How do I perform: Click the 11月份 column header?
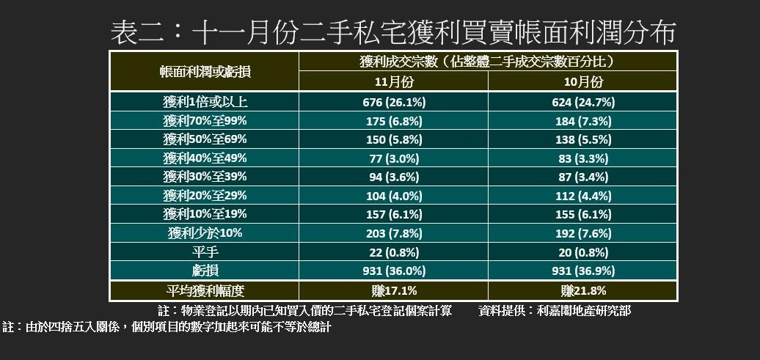point(394,81)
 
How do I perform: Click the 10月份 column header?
point(582,81)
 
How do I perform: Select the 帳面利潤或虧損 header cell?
point(205,71)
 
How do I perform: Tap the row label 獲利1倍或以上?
point(205,102)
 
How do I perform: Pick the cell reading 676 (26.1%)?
point(394,102)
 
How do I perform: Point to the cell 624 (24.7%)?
point(582,102)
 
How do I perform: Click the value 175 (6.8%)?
point(394,120)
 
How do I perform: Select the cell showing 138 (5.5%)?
point(582,139)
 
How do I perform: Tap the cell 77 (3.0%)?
point(394,158)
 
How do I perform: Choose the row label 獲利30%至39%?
point(205,177)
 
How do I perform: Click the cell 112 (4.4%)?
point(582,195)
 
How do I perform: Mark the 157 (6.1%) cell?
point(394,214)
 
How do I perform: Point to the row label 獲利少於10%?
point(205,233)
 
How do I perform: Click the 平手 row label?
point(205,251)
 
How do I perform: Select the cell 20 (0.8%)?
point(582,251)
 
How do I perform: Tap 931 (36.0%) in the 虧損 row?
point(394,271)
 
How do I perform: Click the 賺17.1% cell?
point(394,290)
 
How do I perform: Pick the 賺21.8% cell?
point(582,290)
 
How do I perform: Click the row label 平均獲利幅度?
point(205,290)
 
